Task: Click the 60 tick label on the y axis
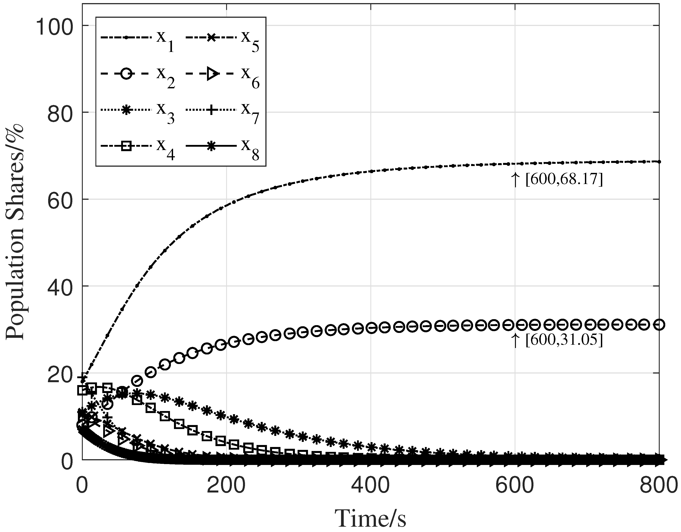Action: [59, 200]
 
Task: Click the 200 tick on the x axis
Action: [226, 487]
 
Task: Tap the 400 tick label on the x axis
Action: [370, 487]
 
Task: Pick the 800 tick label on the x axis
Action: [658, 487]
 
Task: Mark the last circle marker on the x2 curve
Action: [659, 325]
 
